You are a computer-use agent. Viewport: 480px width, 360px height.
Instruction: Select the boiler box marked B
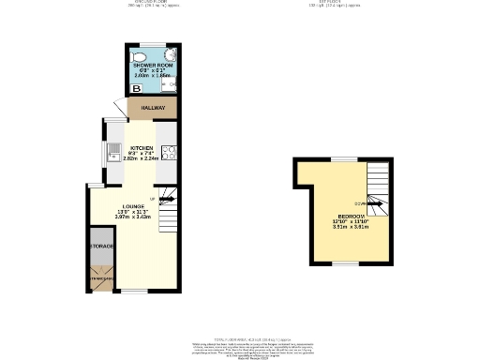click(x=136, y=88)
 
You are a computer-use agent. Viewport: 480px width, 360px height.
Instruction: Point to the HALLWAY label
click(x=153, y=108)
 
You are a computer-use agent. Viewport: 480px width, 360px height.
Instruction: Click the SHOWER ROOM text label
click(x=153, y=65)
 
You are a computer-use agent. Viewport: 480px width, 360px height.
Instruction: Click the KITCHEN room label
click(x=142, y=148)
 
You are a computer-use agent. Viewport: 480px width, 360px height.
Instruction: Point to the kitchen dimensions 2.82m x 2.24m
click(x=142, y=159)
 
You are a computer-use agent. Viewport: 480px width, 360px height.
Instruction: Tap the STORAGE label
click(x=101, y=246)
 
